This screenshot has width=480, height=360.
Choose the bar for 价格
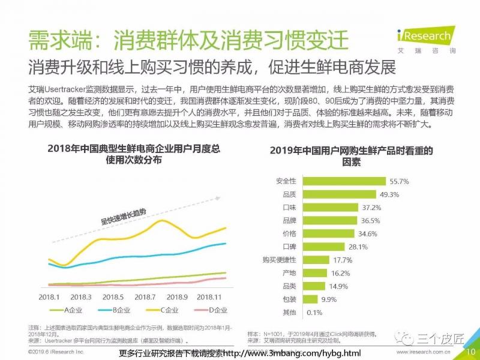[x=330, y=233]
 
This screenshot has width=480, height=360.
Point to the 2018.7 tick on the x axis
[x=145, y=296]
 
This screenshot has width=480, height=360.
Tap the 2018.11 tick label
[x=209, y=296]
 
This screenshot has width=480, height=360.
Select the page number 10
[x=470, y=351]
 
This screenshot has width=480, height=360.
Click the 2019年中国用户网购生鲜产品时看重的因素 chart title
[x=351, y=155]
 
